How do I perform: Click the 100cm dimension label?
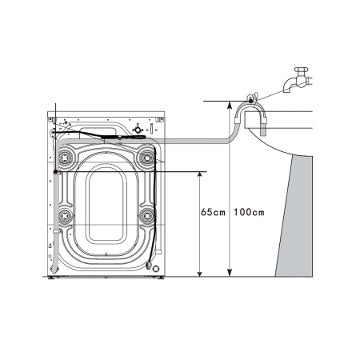pos(249,213)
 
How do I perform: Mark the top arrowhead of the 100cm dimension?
pos(230,105)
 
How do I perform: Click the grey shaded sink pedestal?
pos(294,216)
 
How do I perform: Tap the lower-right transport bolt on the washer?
pos(146,215)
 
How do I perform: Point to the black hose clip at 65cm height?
pos(54,171)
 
